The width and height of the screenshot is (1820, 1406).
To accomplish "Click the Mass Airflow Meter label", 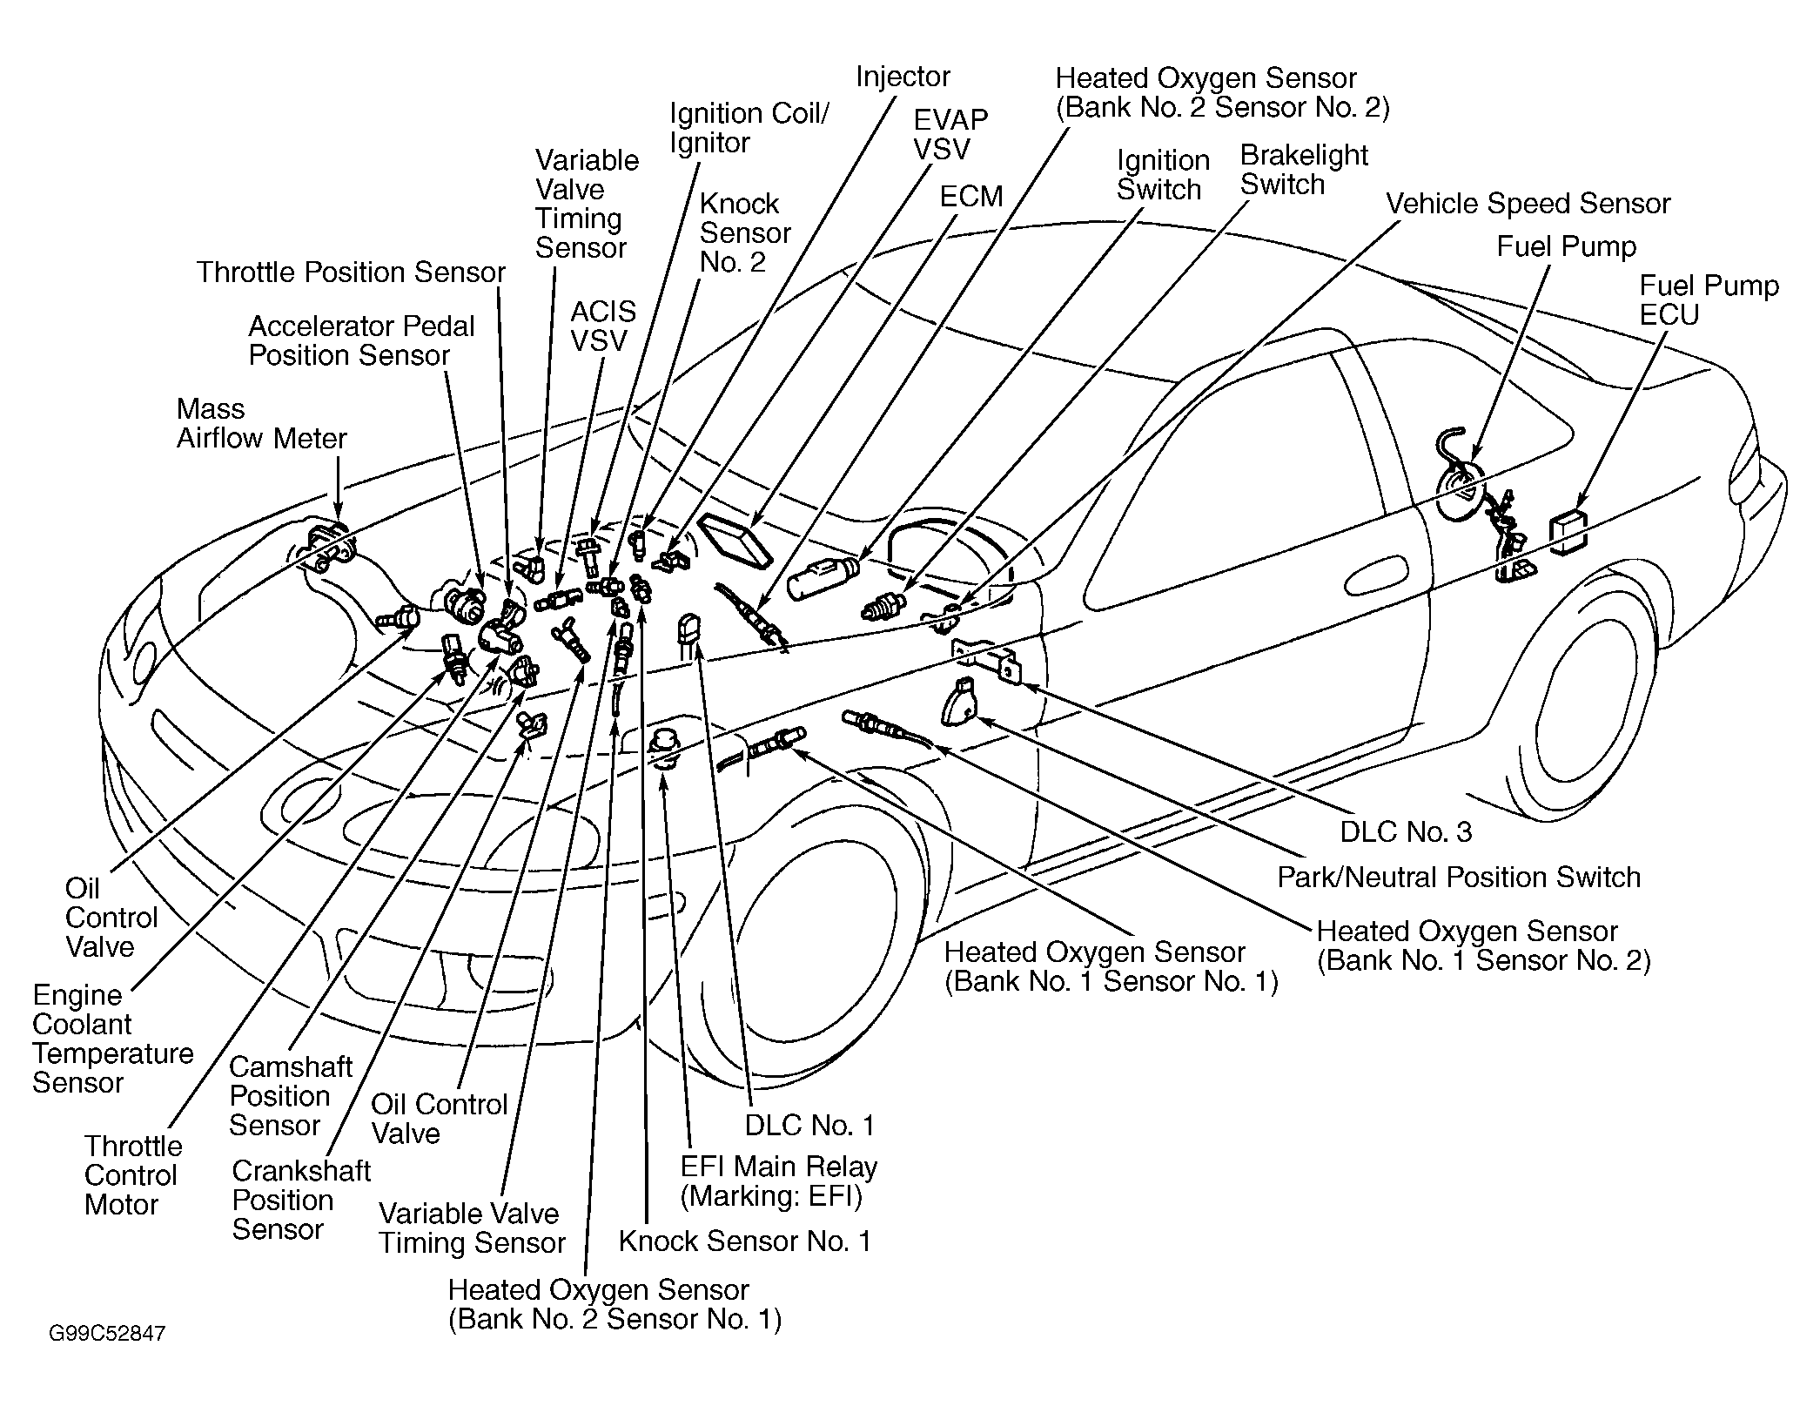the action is (262, 424).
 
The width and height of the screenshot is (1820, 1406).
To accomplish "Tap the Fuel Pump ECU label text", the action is (1709, 300).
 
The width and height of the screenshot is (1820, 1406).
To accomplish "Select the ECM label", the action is (971, 197).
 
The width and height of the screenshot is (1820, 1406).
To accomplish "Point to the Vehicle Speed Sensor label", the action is (1528, 204).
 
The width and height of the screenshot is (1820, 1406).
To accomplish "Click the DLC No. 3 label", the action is (1406, 831).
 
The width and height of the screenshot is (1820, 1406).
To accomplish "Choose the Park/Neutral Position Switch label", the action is (1459, 878).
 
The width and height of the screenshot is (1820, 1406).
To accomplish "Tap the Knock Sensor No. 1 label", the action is (745, 1241).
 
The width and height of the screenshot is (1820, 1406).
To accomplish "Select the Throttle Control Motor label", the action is (133, 1175).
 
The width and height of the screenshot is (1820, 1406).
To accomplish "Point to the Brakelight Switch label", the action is (1304, 170).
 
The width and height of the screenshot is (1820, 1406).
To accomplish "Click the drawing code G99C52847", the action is (107, 1334).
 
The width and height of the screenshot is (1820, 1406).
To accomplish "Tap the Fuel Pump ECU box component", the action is (1568, 532).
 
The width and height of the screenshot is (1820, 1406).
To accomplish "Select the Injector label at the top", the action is (903, 77).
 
